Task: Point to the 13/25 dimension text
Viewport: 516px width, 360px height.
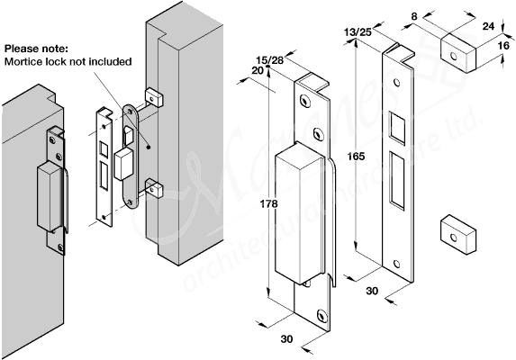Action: pos(358,32)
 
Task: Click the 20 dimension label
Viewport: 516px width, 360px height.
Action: pos(258,71)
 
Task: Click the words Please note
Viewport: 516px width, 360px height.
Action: pos(36,48)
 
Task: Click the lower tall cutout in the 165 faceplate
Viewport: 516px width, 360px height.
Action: pos(396,177)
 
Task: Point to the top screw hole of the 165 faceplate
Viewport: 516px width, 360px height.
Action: pos(395,76)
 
